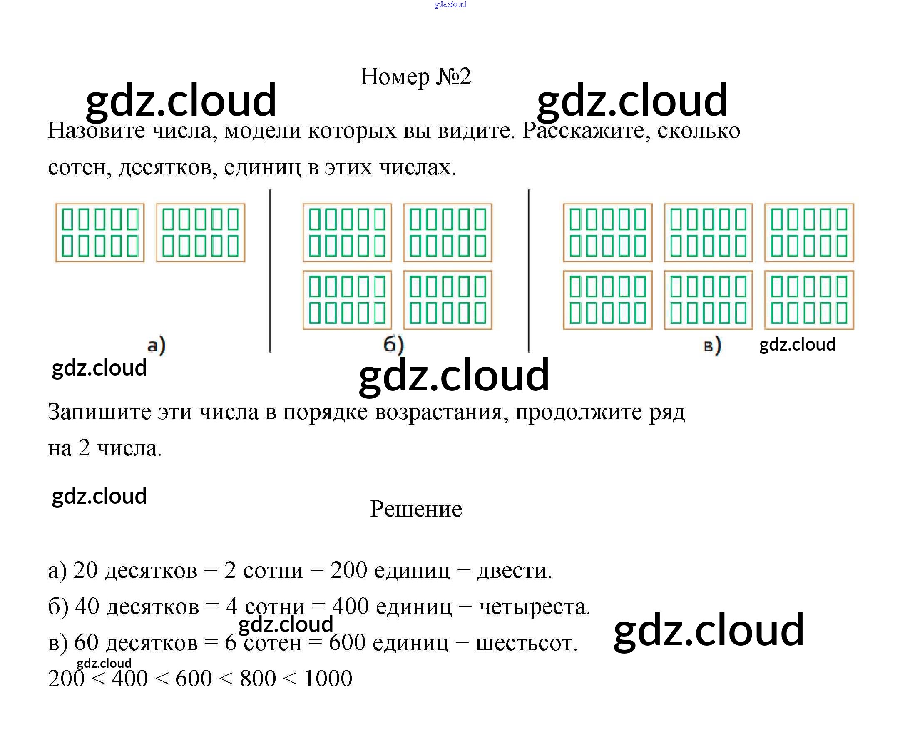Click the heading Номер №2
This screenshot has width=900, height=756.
tap(416, 77)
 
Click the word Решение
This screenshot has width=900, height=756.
tap(416, 509)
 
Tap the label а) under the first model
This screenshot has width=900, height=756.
tap(156, 346)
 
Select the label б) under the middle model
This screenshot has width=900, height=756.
tap(393, 345)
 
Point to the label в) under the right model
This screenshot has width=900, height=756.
tap(712, 346)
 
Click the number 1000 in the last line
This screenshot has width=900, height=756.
tap(328, 679)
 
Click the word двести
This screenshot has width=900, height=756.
tap(514, 571)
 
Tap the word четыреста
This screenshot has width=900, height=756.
tap(534, 607)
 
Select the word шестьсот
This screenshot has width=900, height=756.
tap(526, 643)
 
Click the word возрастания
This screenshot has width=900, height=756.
tap(441, 412)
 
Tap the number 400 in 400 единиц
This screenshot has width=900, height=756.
tap(351, 607)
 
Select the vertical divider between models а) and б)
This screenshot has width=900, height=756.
tap(271, 271)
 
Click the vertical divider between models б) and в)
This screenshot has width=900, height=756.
tap(529, 271)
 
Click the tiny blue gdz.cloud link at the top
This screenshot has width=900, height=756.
tap(450, 5)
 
